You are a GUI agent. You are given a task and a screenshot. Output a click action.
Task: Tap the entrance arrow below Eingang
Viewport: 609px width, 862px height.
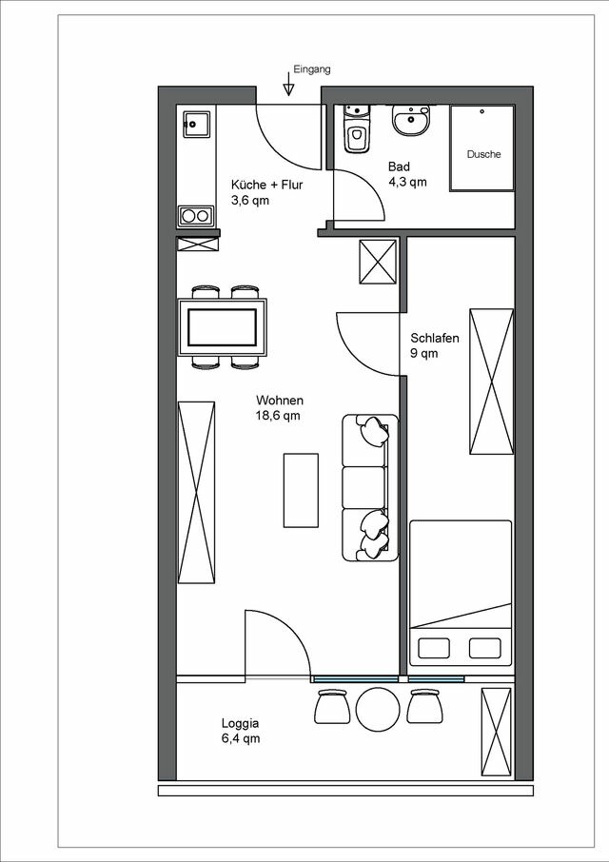pyautogui.click(x=289, y=88)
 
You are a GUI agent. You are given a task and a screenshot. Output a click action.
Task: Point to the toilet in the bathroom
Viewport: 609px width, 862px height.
pyautogui.click(x=357, y=134)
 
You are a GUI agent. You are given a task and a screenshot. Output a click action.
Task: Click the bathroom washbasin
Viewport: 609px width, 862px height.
pyautogui.click(x=412, y=121)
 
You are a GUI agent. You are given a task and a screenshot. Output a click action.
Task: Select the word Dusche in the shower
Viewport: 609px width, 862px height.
pyautogui.click(x=483, y=154)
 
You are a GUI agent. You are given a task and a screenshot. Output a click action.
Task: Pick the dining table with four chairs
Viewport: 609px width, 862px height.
pyautogui.click(x=222, y=326)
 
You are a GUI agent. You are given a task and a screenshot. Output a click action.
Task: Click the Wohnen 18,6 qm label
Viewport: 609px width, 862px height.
pyautogui.click(x=279, y=408)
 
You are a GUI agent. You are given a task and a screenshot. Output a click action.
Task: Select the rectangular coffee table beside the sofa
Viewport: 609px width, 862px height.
pyautogui.click(x=301, y=490)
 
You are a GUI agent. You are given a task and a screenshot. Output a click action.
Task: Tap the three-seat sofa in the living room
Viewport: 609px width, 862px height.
pyautogui.click(x=370, y=487)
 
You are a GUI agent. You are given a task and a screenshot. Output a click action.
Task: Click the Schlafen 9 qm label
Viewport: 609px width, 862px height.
pyautogui.click(x=435, y=345)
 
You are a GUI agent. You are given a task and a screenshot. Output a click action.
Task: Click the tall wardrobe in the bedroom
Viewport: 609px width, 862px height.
pyautogui.click(x=491, y=382)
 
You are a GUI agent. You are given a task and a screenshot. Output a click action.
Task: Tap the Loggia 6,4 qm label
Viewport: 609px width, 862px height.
pyautogui.click(x=240, y=730)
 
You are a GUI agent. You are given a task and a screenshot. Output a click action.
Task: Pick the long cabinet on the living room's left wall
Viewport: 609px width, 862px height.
pyautogui.click(x=197, y=491)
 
